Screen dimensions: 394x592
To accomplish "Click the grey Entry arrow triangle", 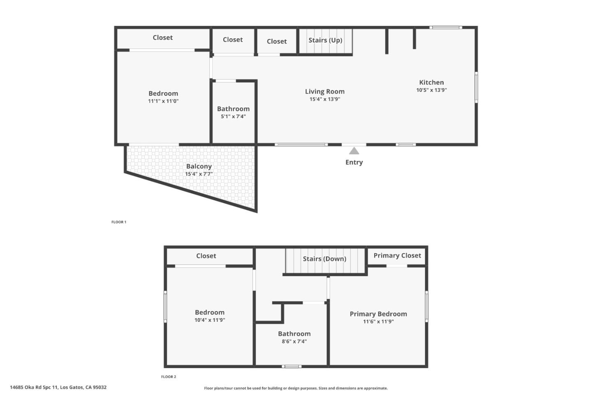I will (x=354, y=151).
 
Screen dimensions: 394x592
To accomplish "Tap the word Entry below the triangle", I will (x=354, y=162).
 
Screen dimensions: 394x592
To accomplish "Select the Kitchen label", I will (x=431, y=82).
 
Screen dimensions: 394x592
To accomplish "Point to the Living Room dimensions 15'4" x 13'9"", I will (x=325, y=99).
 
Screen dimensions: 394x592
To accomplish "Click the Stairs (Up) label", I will (x=325, y=40).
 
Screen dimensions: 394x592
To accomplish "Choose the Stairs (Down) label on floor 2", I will (x=324, y=259).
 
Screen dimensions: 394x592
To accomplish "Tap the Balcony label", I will (x=199, y=166).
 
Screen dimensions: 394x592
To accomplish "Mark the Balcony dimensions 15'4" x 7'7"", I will (x=199, y=174).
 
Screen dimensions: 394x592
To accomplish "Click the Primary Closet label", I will (x=397, y=255).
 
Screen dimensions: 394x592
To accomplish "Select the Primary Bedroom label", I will (x=378, y=314).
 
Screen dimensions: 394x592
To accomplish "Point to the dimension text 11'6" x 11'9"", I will (x=378, y=321).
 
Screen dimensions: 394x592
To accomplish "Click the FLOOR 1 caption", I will (x=119, y=222).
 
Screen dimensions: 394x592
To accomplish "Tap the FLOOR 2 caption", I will (x=169, y=377).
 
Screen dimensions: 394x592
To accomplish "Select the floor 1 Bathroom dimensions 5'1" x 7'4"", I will (x=233, y=116).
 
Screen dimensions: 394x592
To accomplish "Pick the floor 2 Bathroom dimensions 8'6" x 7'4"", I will (x=294, y=341).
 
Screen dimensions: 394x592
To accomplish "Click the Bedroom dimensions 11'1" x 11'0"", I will (x=163, y=101).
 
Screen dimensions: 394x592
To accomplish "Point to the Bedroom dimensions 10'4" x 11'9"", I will (x=210, y=320).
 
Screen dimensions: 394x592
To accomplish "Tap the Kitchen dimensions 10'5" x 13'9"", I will (x=431, y=90).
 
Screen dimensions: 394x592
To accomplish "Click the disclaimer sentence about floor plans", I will (x=296, y=388).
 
